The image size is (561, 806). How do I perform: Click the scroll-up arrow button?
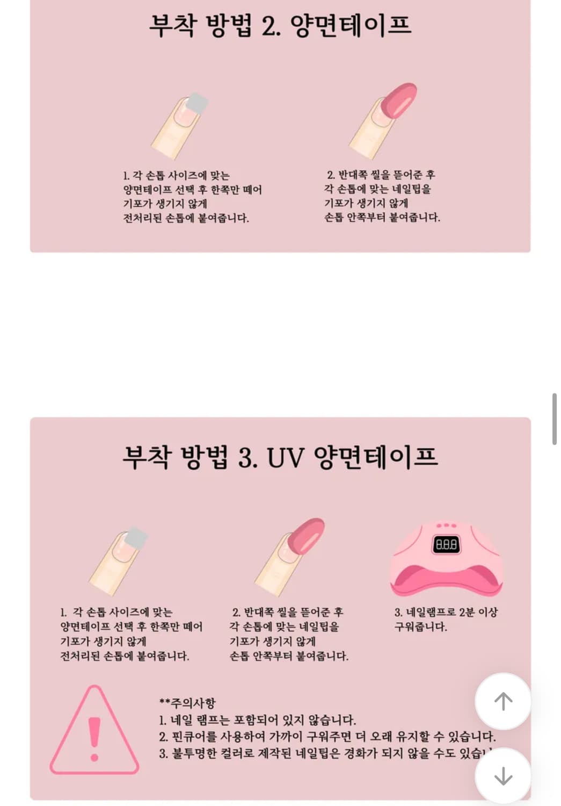click(x=503, y=701)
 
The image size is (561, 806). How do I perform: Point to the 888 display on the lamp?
click(x=446, y=545)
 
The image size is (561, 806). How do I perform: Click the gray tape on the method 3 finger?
click(x=137, y=537)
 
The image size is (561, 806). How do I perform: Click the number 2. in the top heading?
click(x=271, y=26)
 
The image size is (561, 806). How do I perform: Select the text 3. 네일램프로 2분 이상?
click(x=446, y=612)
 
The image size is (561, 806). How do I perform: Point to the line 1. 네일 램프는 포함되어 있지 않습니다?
click(x=258, y=720)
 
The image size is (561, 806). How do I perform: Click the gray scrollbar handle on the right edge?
click(x=554, y=419)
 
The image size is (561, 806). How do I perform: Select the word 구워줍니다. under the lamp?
click(x=420, y=627)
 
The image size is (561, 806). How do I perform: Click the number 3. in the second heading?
click(x=247, y=458)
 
